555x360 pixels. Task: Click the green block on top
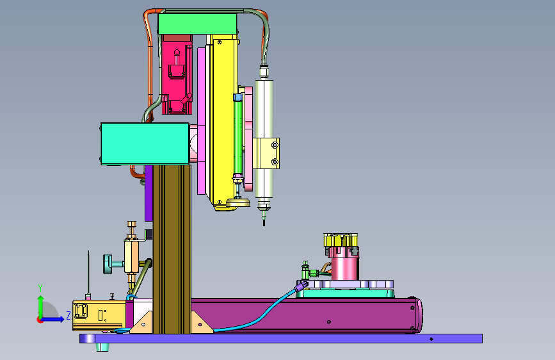tap(197, 24)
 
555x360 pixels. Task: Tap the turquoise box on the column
tap(145, 143)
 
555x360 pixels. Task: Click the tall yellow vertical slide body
tap(223, 120)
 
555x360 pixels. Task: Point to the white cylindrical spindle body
tap(264, 138)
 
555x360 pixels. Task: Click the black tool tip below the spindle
tap(264, 222)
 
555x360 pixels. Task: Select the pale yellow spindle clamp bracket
tap(266, 154)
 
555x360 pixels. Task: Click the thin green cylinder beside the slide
tap(238, 136)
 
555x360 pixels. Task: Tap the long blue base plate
tap(281, 338)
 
